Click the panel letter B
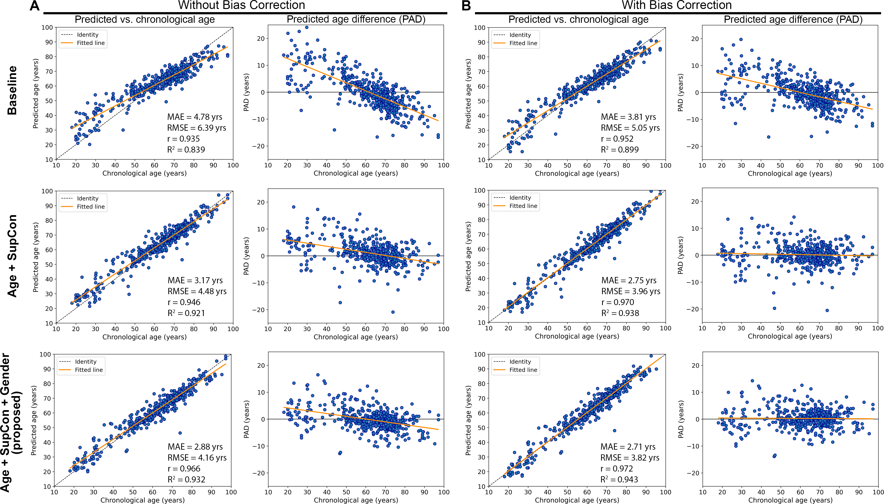[x=466, y=6]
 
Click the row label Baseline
[x=12, y=90]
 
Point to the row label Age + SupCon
[x=12, y=256]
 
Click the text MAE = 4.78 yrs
[x=195, y=117]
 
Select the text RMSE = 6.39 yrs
[x=196, y=128]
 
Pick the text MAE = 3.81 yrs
[x=628, y=117]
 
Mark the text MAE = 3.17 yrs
[x=195, y=280]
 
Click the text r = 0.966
[x=184, y=469]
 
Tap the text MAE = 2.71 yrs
[x=628, y=447]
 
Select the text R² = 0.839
[x=186, y=150]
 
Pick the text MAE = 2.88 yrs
[x=195, y=447]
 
